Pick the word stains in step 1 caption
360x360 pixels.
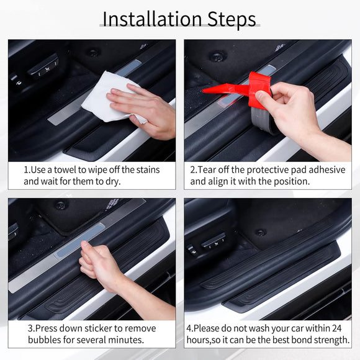click(x=145, y=169)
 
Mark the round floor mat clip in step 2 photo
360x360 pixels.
click(x=217, y=56)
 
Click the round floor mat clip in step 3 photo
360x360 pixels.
click(x=61, y=205)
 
